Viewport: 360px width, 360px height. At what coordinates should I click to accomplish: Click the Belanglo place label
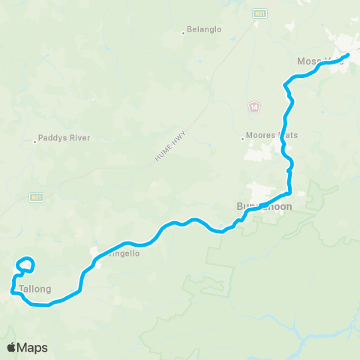coord(205,32)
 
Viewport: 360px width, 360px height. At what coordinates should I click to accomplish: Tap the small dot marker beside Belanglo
coord(184,32)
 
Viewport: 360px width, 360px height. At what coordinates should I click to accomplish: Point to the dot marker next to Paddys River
coord(36,139)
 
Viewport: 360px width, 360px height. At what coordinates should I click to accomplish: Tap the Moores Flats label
coord(273,136)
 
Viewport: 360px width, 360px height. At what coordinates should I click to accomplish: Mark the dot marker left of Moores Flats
coord(243,136)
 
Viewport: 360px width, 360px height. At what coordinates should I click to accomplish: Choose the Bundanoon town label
coord(263,205)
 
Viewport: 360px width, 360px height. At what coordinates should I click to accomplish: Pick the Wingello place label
coord(122,253)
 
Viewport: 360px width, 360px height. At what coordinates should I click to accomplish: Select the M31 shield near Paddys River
coord(35,197)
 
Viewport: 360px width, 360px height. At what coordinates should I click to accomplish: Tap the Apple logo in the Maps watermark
coord(12,347)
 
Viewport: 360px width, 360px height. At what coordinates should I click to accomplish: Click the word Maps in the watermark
coord(33,347)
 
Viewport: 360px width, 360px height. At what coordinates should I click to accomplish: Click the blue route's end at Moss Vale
coord(348,55)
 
